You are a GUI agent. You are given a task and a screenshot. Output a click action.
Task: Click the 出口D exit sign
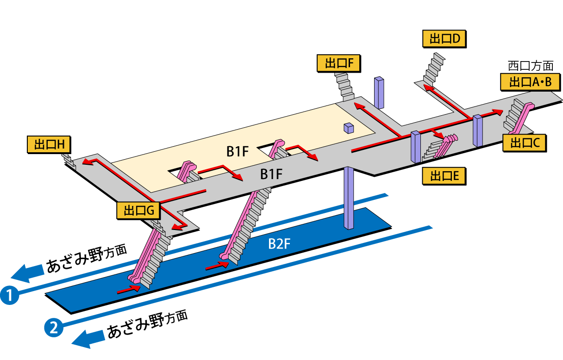tap(444, 39)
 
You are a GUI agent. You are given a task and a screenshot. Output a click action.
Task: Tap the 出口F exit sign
tap(339, 63)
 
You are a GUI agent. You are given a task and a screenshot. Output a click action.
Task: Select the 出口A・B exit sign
tap(530, 82)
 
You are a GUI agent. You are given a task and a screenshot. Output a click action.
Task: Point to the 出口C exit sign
tap(525, 143)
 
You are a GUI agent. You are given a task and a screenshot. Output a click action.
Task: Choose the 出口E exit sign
tap(444, 176)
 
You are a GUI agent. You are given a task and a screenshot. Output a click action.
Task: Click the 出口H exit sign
tap(49, 145)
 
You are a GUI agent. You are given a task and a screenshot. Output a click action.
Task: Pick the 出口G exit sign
tap(138, 210)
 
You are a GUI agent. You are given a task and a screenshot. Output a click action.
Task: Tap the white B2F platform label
tap(279, 244)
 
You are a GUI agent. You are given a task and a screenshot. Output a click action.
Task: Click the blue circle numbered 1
tap(10, 295)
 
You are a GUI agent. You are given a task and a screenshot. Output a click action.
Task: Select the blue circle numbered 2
tap(54, 328)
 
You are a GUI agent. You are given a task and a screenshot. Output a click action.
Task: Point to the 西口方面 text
tap(531, 66)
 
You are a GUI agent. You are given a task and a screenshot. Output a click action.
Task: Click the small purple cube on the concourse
tap(349, 128)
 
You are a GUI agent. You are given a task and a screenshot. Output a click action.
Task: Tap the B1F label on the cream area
tap(237, 151)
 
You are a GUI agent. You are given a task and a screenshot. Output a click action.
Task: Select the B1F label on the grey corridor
tap(271, 174)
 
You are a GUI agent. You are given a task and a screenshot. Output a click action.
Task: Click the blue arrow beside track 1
tap(28, 273)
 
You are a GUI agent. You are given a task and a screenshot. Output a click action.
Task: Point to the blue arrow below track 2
tap(88, 339)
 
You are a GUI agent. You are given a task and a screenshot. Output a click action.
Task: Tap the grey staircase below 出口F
tap(344, 87)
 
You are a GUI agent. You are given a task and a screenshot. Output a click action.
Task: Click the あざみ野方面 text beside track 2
tap(148, 324)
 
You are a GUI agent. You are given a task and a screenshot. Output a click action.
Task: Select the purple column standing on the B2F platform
tap(349, 198)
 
